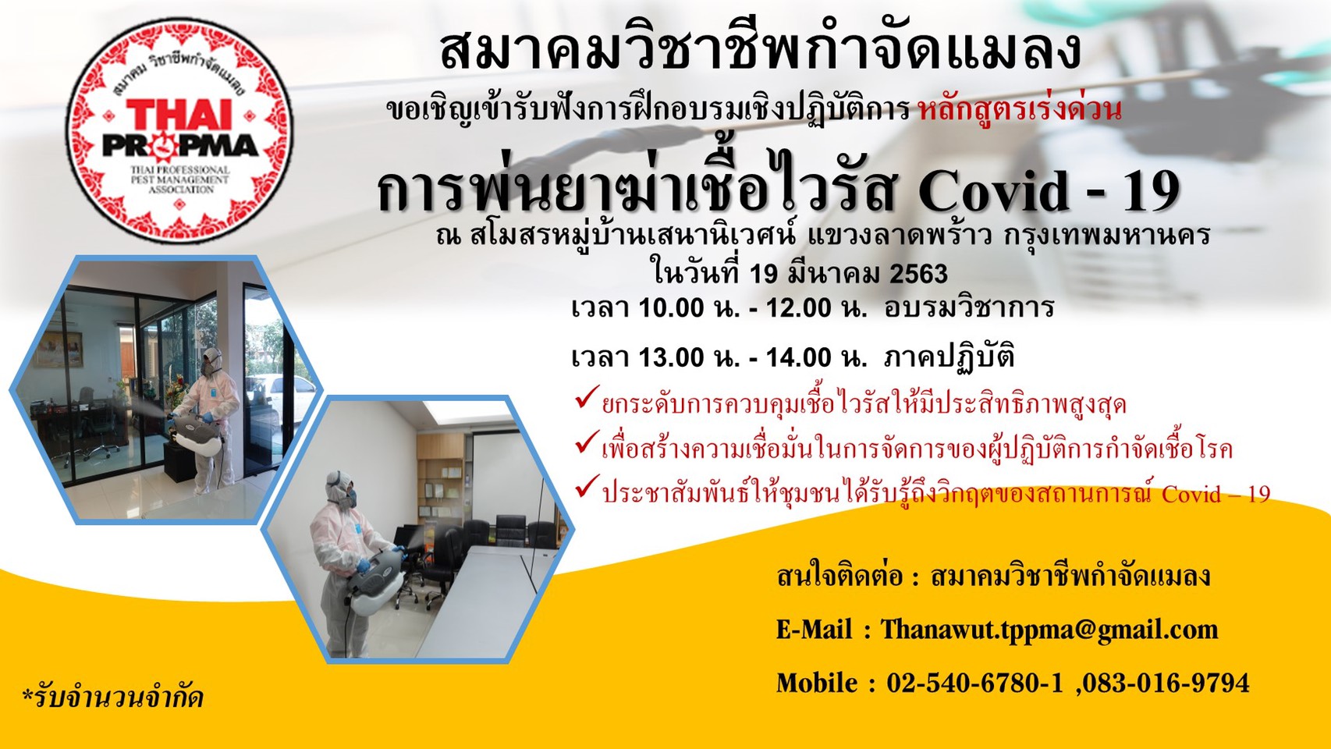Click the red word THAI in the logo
(x=178, y=114)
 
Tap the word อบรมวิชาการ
(x=969, y=308)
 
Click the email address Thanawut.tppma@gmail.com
(x=1049, y=629)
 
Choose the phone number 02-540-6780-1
(x=974, y=683)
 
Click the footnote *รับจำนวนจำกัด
(x=113, y=698)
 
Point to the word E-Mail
(x=814, y=629)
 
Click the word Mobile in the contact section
(x=816, y=683)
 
